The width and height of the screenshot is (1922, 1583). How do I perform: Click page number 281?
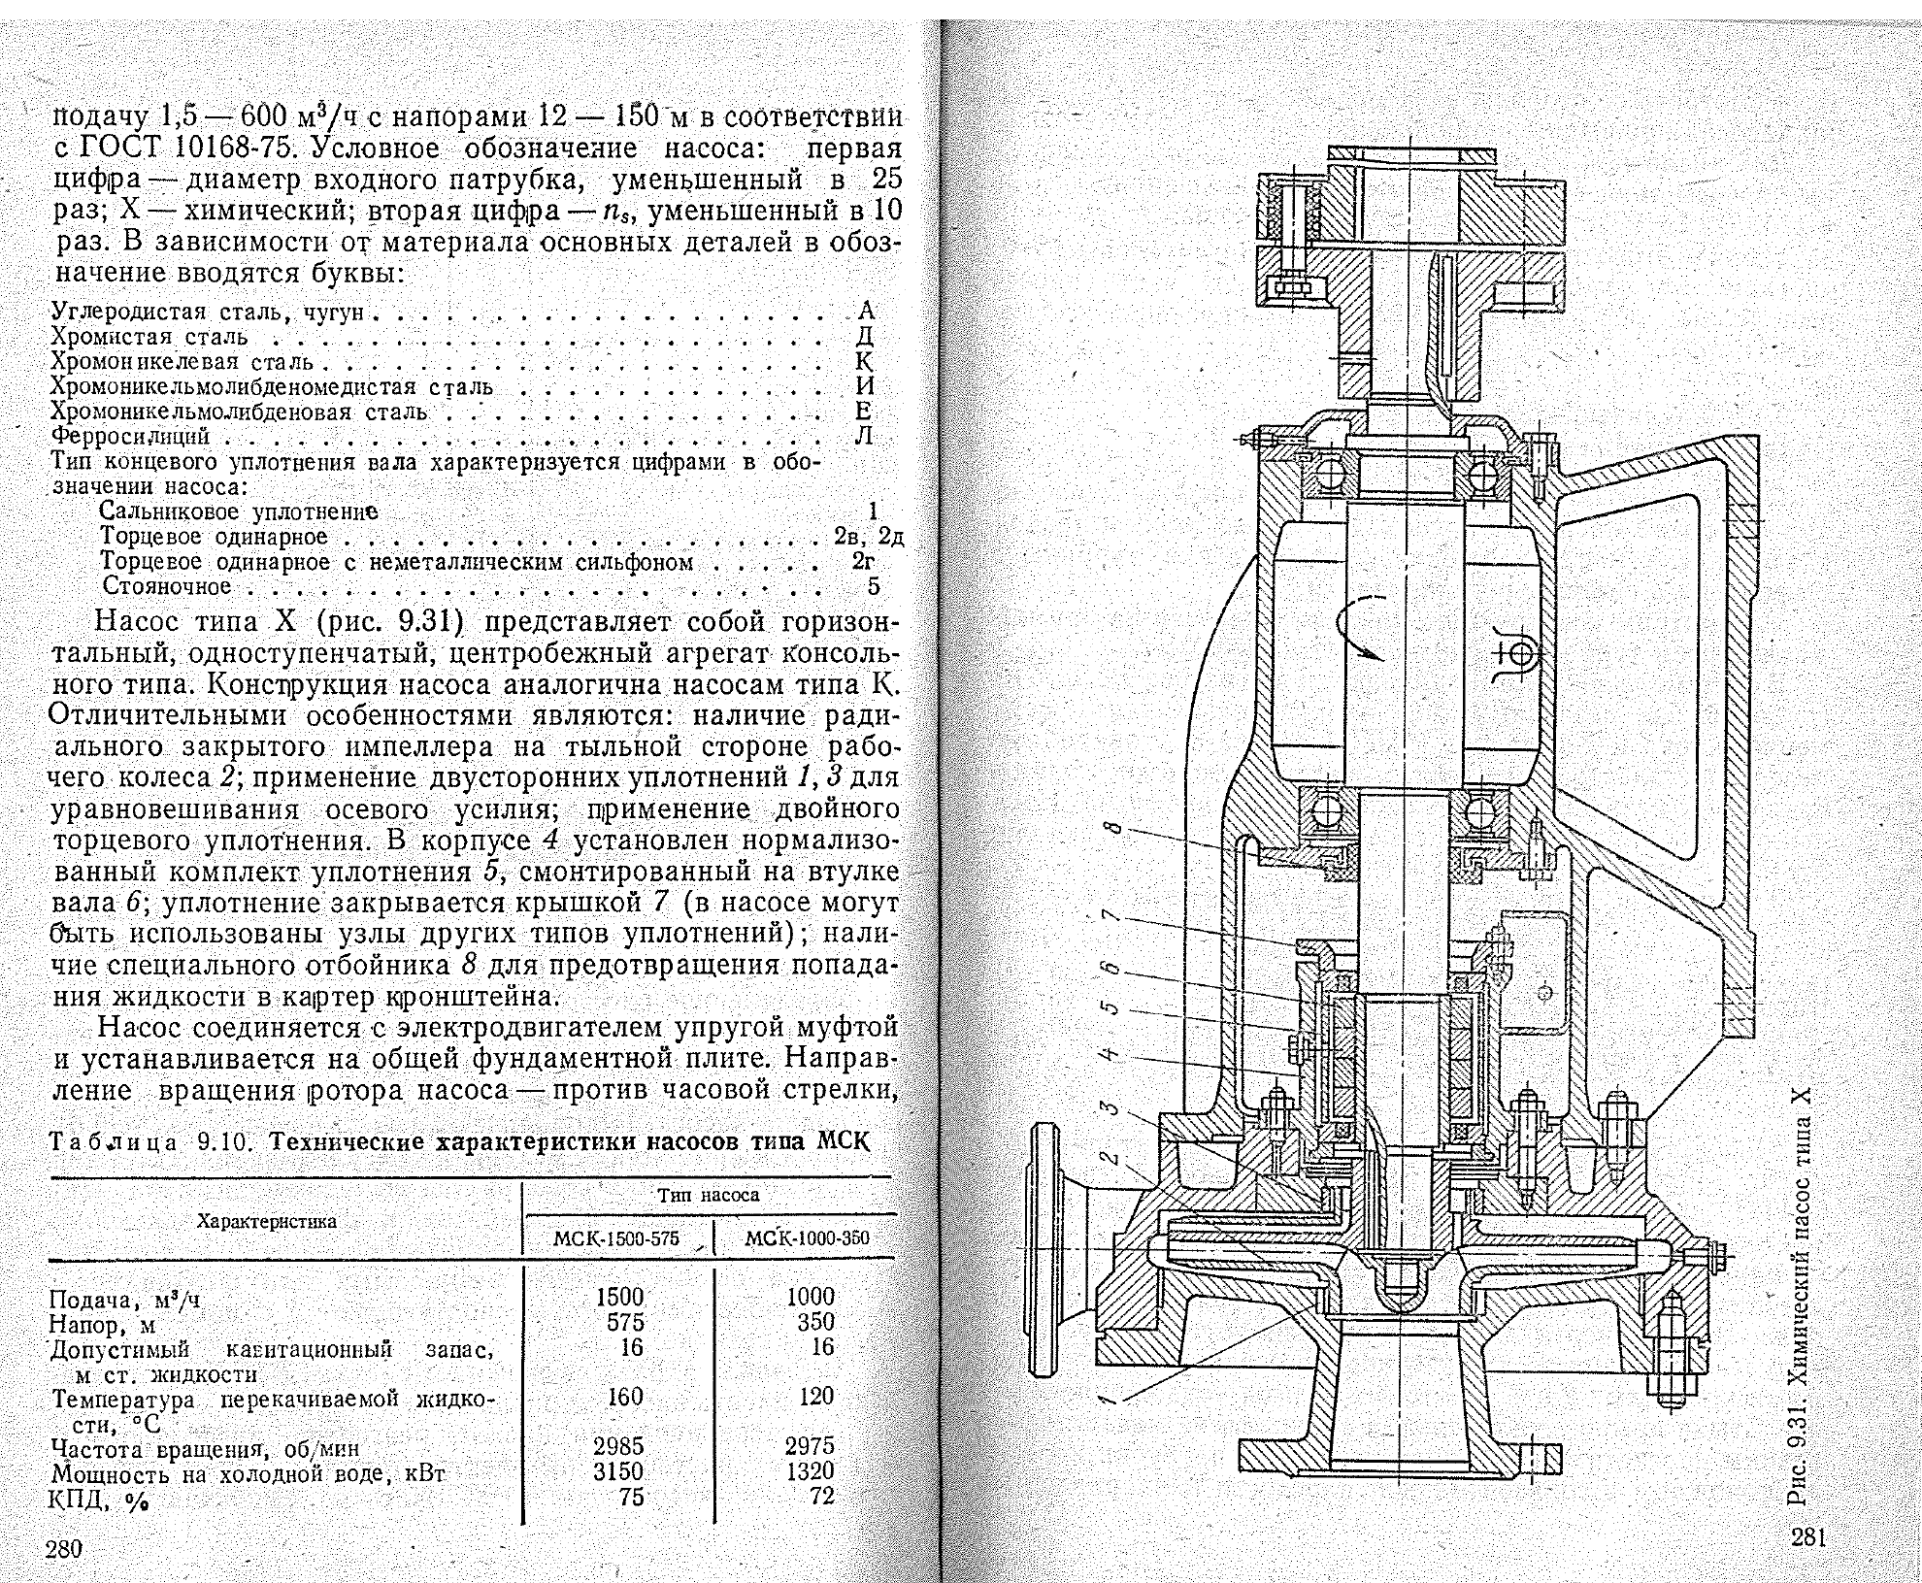(1809, 1536)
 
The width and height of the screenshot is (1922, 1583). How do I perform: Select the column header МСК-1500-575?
(616, 1238)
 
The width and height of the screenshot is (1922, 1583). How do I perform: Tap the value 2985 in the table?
(619, 1446)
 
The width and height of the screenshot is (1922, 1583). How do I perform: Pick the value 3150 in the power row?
(619, 1471)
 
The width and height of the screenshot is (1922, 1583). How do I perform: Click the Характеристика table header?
(267, 1221)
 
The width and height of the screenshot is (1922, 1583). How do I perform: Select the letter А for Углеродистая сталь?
(867, 311)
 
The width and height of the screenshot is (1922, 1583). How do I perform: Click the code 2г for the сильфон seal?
(863, 561)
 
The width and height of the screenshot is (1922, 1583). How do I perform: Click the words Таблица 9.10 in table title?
(150, 1141)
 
